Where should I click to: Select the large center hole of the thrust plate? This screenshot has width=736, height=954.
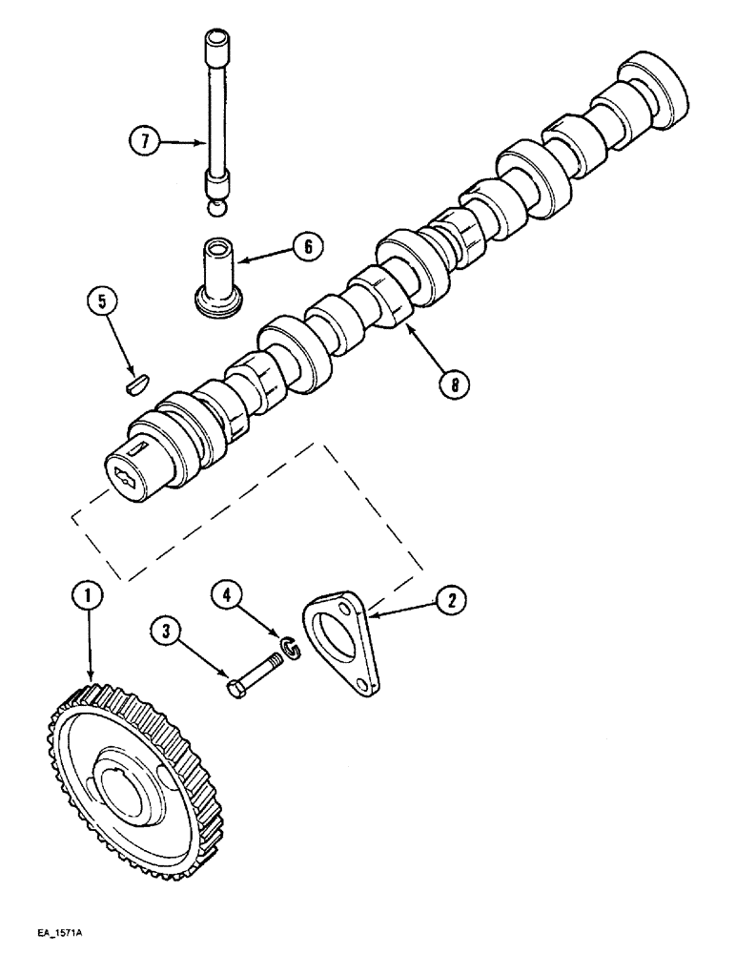coord(338,636)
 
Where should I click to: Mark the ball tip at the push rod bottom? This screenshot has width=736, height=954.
coord(217,206)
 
